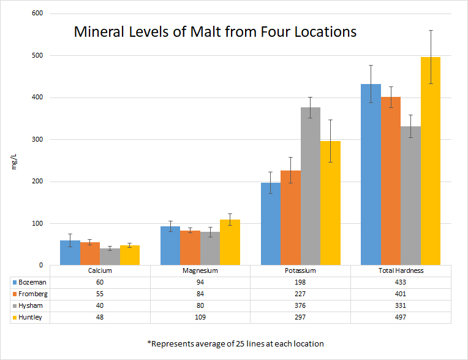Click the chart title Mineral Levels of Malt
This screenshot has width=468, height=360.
tap(215, 32)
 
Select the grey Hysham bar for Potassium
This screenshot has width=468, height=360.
tap(311, 186)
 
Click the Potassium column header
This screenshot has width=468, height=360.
tap(300, 270)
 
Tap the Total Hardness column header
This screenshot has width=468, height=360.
tap(401, 270)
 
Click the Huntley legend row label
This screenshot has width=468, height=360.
tap(32, 317)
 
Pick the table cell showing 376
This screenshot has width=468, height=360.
tap(300, 305)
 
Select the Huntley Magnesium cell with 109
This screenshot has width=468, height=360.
tap(200, 317)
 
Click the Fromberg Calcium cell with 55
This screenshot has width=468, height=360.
tap(100, 294)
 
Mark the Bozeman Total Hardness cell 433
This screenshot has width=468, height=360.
tap(401, 282)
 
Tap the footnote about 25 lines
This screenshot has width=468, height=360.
tap(235, 343)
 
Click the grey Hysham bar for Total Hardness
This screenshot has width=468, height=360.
tap(410, 196)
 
